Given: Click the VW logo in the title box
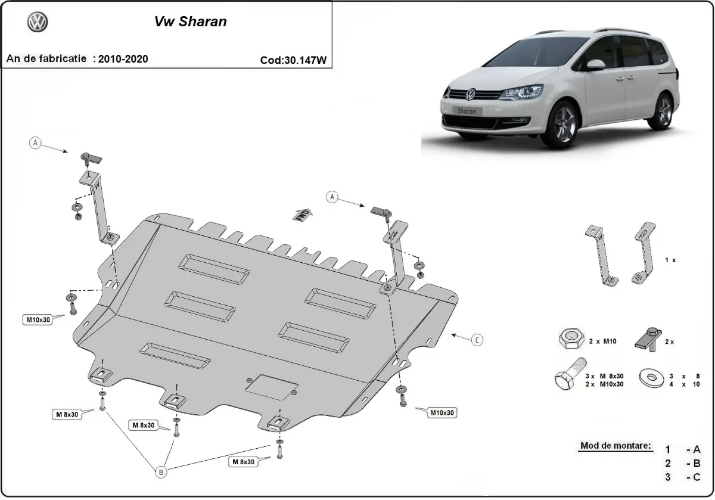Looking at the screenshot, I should coord(38,22).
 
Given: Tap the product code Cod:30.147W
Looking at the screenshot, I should coord(293,60).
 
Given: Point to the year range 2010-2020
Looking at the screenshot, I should coord(123,58).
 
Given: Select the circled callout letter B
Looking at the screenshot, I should coord(160,472).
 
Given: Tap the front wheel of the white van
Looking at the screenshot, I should coord(563,125).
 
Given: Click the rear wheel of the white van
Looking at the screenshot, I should coord(663,111).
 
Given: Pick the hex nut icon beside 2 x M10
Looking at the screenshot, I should coord(570,340).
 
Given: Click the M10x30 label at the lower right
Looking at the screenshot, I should coord(442,412).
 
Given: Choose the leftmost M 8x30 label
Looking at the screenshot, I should coord(67,414).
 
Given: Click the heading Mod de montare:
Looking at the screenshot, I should coord(615,446).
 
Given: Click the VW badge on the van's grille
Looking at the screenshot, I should coord(469,94).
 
